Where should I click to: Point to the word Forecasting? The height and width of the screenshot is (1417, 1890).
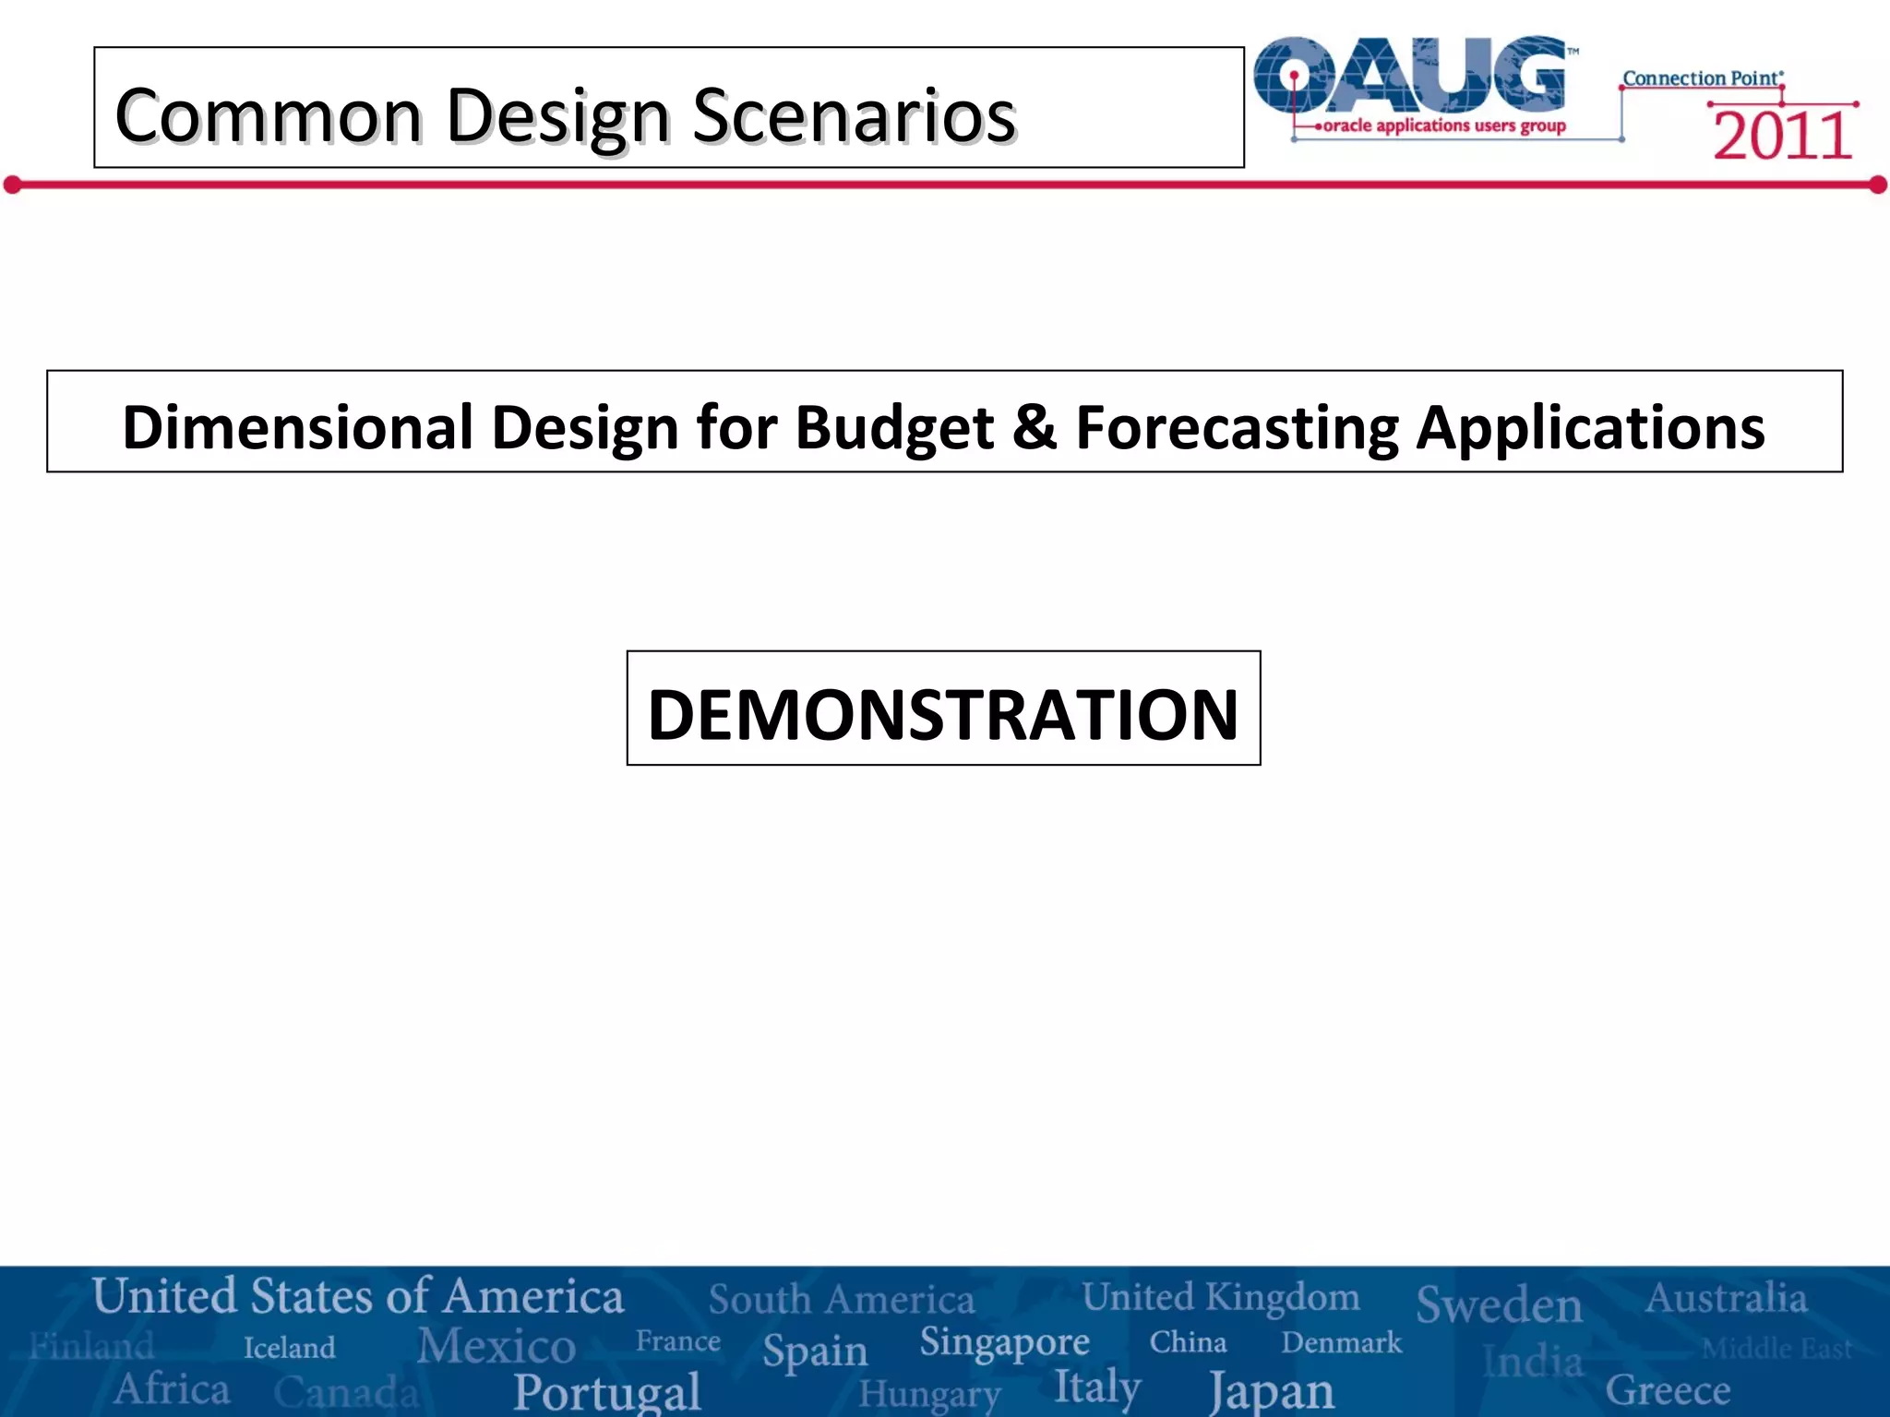coord(1237,429)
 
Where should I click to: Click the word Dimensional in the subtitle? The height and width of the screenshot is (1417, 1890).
coord(297,427)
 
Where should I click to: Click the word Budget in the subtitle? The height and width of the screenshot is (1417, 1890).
coord(893,429)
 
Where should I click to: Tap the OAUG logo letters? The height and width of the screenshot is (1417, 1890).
coord(1412,76)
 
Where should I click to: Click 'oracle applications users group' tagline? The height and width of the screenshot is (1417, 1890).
coord(1443,125)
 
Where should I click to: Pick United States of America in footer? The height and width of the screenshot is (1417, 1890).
coord(358,1296)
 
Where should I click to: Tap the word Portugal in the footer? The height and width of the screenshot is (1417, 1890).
coord(607,1391)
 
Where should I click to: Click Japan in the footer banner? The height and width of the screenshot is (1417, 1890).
coord(1272,1389)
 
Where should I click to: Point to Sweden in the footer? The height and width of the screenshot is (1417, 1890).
coord(1499,1304)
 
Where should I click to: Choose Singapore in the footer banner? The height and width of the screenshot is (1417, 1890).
coord(1004,1343)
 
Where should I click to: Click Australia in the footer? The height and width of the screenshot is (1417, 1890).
coord(1726,1298)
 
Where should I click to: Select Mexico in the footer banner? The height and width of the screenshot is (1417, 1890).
coord(496,1345)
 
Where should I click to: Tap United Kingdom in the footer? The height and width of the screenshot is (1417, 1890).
coord(1220,1297)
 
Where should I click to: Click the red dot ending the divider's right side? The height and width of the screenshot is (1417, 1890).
coord(1877,185)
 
